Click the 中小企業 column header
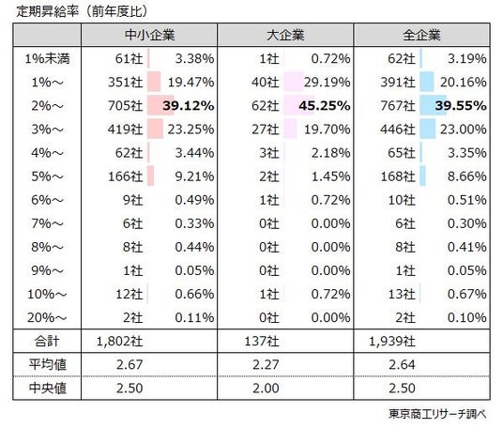[x=149, y=35]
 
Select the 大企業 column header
[x=285, y=35]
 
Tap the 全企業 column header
[x=421, y=35]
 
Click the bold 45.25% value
[x=325, y=105]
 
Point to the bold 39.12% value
[x=189, y=105]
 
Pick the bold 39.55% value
[x=461, y=105]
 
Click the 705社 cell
[x=125, y=105]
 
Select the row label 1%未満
[x=47, y=59]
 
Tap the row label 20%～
[x=47, y=317]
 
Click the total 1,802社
[x=120, y=341]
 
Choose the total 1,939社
[x=392, y=341]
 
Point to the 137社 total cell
[x=262, y=341]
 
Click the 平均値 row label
[x=48, y=364]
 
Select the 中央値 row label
[x=48, y=389]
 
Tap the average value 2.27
[x=266, y=365]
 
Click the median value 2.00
[x=266, y=389]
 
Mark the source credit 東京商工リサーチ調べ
[x=437, y=414]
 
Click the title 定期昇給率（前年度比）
[x=83, y=11]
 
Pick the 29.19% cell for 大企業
[x=327, y=83]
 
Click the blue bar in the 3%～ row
[x=428, y=129]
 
